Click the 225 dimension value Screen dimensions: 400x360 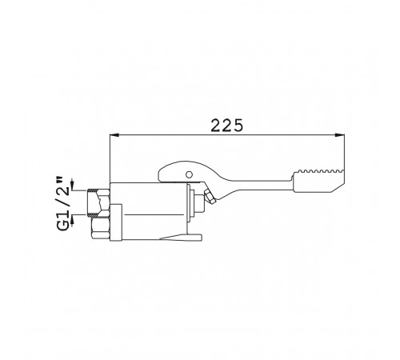click(x=227, y=126)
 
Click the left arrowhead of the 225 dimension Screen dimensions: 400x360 click(x=114, y=135)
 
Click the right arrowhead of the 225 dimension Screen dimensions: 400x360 click(x=339, y=135)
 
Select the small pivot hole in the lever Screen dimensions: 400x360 click(x=189, y=174)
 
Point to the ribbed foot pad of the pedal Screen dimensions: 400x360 click(x=318, y=181)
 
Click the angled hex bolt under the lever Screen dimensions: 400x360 click(x=210, y=197)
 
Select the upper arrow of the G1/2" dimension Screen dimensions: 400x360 click(x=72, y=184)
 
